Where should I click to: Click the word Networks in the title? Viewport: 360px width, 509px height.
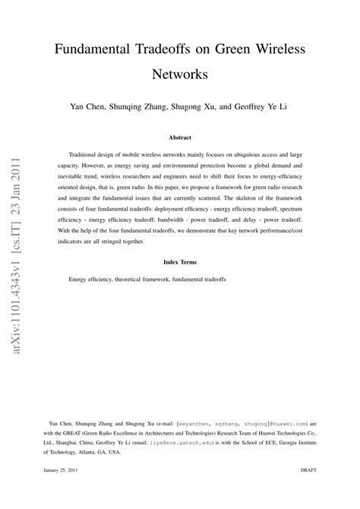coord(180,75)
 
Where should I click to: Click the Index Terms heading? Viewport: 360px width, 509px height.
coord(180,262)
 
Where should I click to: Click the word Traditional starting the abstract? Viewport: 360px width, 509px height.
coord(84,153)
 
